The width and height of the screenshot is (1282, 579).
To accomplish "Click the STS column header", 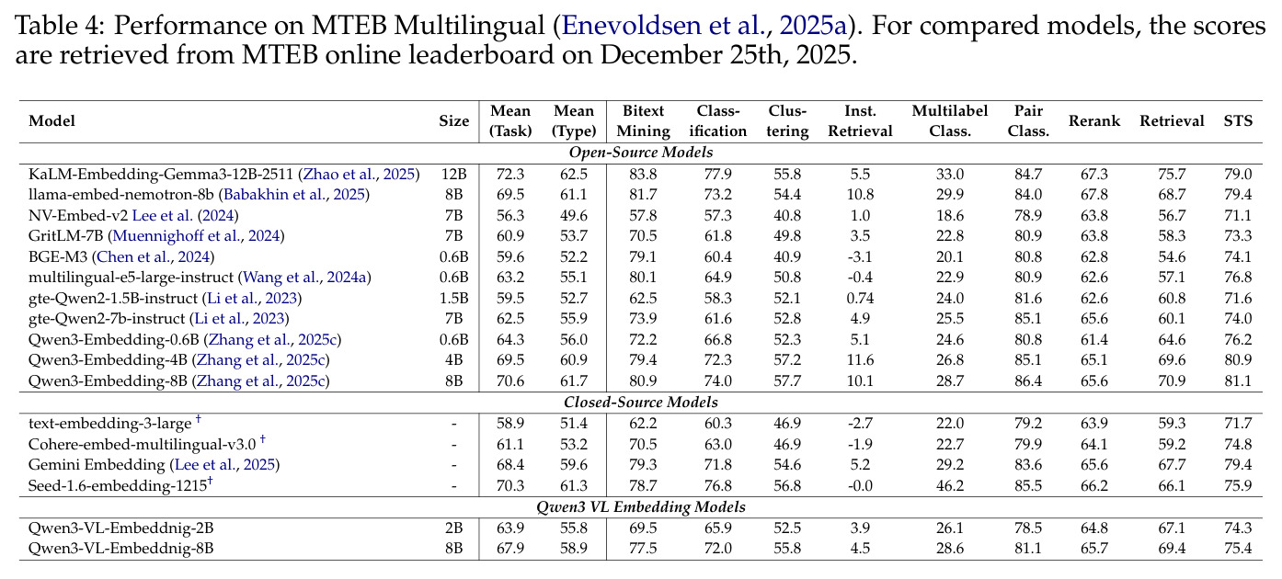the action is point(1238,120).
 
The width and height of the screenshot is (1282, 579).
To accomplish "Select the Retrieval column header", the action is point(1172,120).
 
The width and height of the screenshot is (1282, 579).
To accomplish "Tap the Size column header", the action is point(454,120).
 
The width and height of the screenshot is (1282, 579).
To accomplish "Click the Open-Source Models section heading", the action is point(640,153).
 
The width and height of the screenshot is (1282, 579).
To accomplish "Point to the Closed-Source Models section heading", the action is point(640,403).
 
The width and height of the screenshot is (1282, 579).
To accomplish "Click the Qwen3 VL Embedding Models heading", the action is point(640,507).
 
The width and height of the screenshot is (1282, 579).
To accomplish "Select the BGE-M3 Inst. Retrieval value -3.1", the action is point(860,257).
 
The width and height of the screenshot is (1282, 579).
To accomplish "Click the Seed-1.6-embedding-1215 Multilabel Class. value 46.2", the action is point(950,486).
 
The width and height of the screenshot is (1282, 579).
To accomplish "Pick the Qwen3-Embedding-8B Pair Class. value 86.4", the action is point(1028,381).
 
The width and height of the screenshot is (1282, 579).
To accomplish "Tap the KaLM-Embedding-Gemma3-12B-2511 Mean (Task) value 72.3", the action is point(509,174).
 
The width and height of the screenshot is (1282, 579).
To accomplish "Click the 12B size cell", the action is point(454,174).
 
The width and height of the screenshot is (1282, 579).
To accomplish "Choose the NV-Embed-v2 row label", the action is point(133,216).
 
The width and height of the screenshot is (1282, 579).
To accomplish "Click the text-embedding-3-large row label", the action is point(114,423).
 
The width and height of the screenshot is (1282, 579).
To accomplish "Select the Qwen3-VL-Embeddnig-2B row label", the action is point(120,528).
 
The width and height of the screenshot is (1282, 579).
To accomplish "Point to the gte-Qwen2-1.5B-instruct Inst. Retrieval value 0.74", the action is point(860,298).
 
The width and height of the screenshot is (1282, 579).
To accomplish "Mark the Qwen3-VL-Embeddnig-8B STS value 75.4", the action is point(1238,549).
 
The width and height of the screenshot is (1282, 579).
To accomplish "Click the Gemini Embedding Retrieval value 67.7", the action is point(1172,464).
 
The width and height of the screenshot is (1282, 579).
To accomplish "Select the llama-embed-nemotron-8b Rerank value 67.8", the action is point(1093,195).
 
